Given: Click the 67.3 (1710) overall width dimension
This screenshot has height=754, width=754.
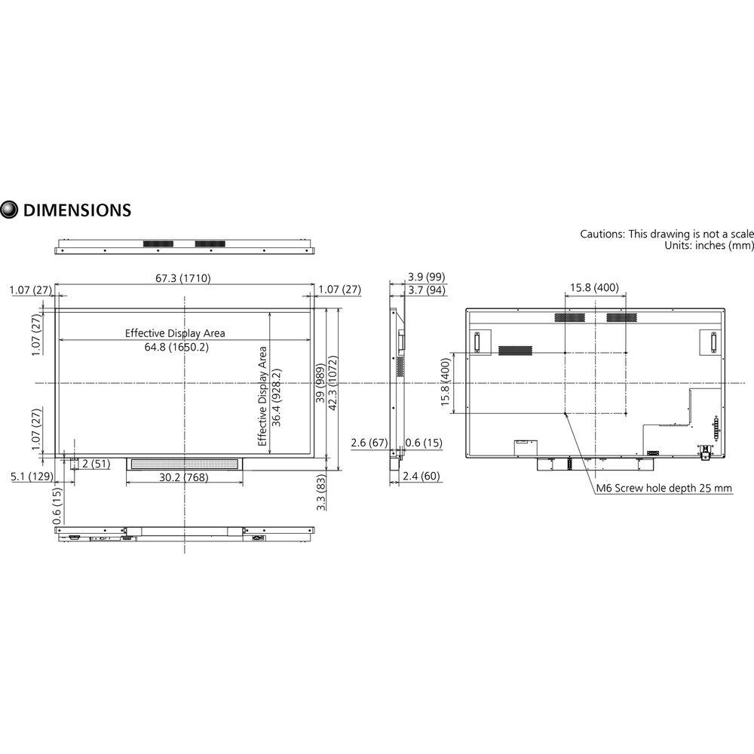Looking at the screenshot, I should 183,278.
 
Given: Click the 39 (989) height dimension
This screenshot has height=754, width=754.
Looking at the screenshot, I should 320,388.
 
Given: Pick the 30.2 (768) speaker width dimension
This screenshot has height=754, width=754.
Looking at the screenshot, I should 183,477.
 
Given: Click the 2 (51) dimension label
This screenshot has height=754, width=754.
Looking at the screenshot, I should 96,464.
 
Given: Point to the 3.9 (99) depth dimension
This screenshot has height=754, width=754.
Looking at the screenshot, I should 425,277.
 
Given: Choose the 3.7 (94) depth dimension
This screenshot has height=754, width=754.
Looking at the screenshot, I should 425,290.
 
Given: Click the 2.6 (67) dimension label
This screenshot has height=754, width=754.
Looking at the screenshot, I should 369,443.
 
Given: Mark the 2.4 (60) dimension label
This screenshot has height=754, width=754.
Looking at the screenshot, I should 422,477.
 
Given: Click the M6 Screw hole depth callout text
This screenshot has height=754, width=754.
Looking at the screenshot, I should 664,489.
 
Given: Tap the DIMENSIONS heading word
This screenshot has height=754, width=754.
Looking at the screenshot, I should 78,210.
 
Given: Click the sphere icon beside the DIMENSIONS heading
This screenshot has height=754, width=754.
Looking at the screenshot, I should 10,210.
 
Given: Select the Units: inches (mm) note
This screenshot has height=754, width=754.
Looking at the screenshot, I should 709,246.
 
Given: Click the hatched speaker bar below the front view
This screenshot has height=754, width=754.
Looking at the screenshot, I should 184,464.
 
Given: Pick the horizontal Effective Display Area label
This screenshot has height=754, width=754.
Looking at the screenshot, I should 175,333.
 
